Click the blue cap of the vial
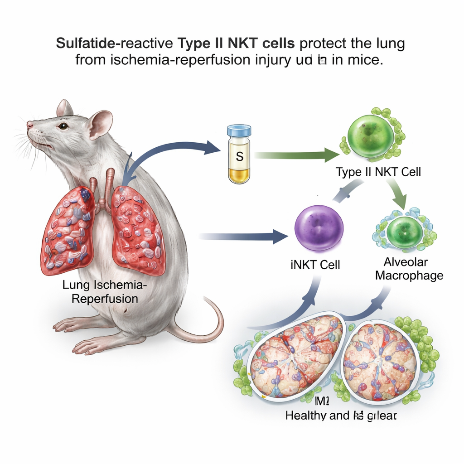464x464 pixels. click(239, 131)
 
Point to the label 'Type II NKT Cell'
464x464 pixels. click(378, 172)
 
